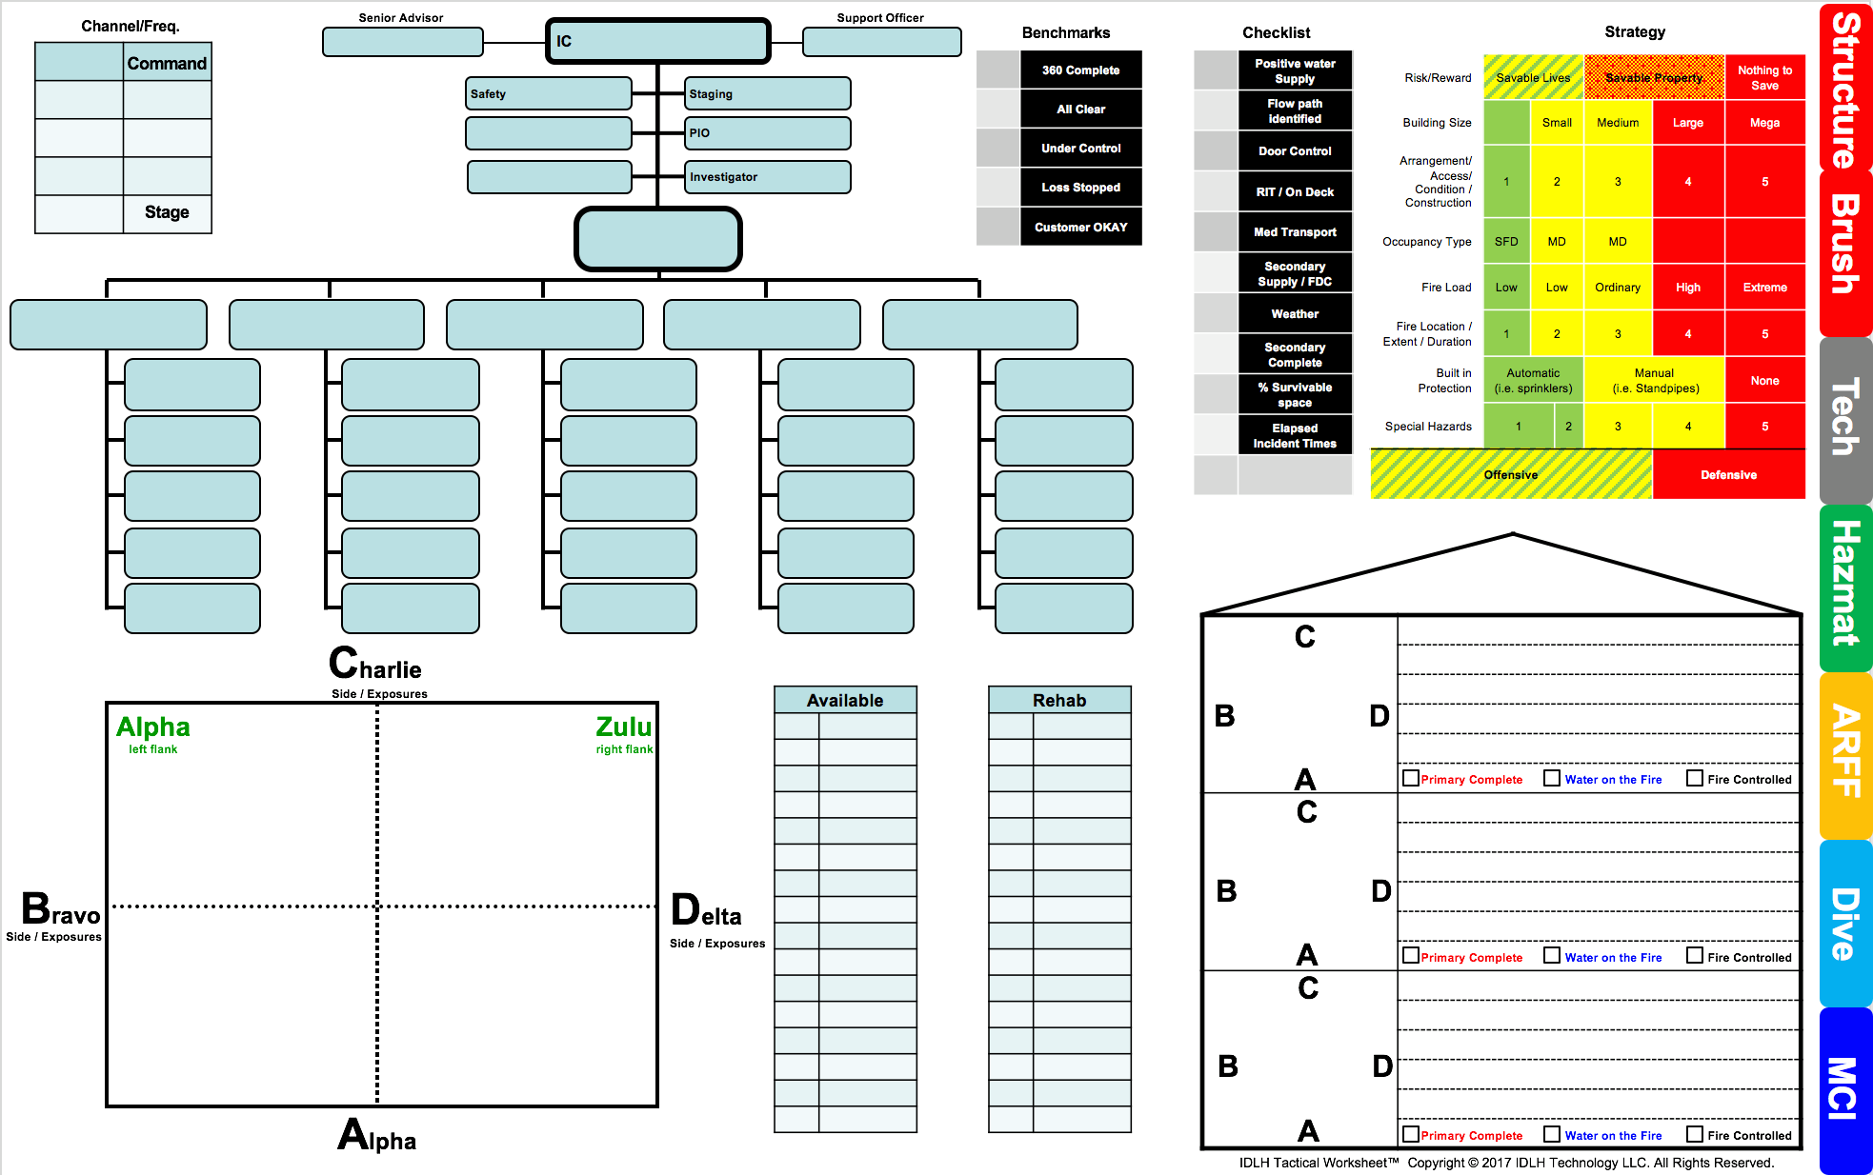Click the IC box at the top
657,41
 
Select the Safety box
548,93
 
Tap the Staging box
767,93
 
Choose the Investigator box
767,177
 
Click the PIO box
767,133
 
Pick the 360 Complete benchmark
1080,70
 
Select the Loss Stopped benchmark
1080,188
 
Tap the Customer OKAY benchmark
1080,227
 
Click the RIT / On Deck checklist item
1295,191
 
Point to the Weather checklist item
1295,313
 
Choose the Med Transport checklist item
1295,231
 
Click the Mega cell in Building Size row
1764,123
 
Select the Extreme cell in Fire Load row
1764,287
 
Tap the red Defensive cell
1728,474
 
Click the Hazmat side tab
1845,587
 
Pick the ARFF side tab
1845,755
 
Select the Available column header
845,700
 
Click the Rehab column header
1059,700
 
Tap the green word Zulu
624,727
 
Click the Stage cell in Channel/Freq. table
167,212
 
